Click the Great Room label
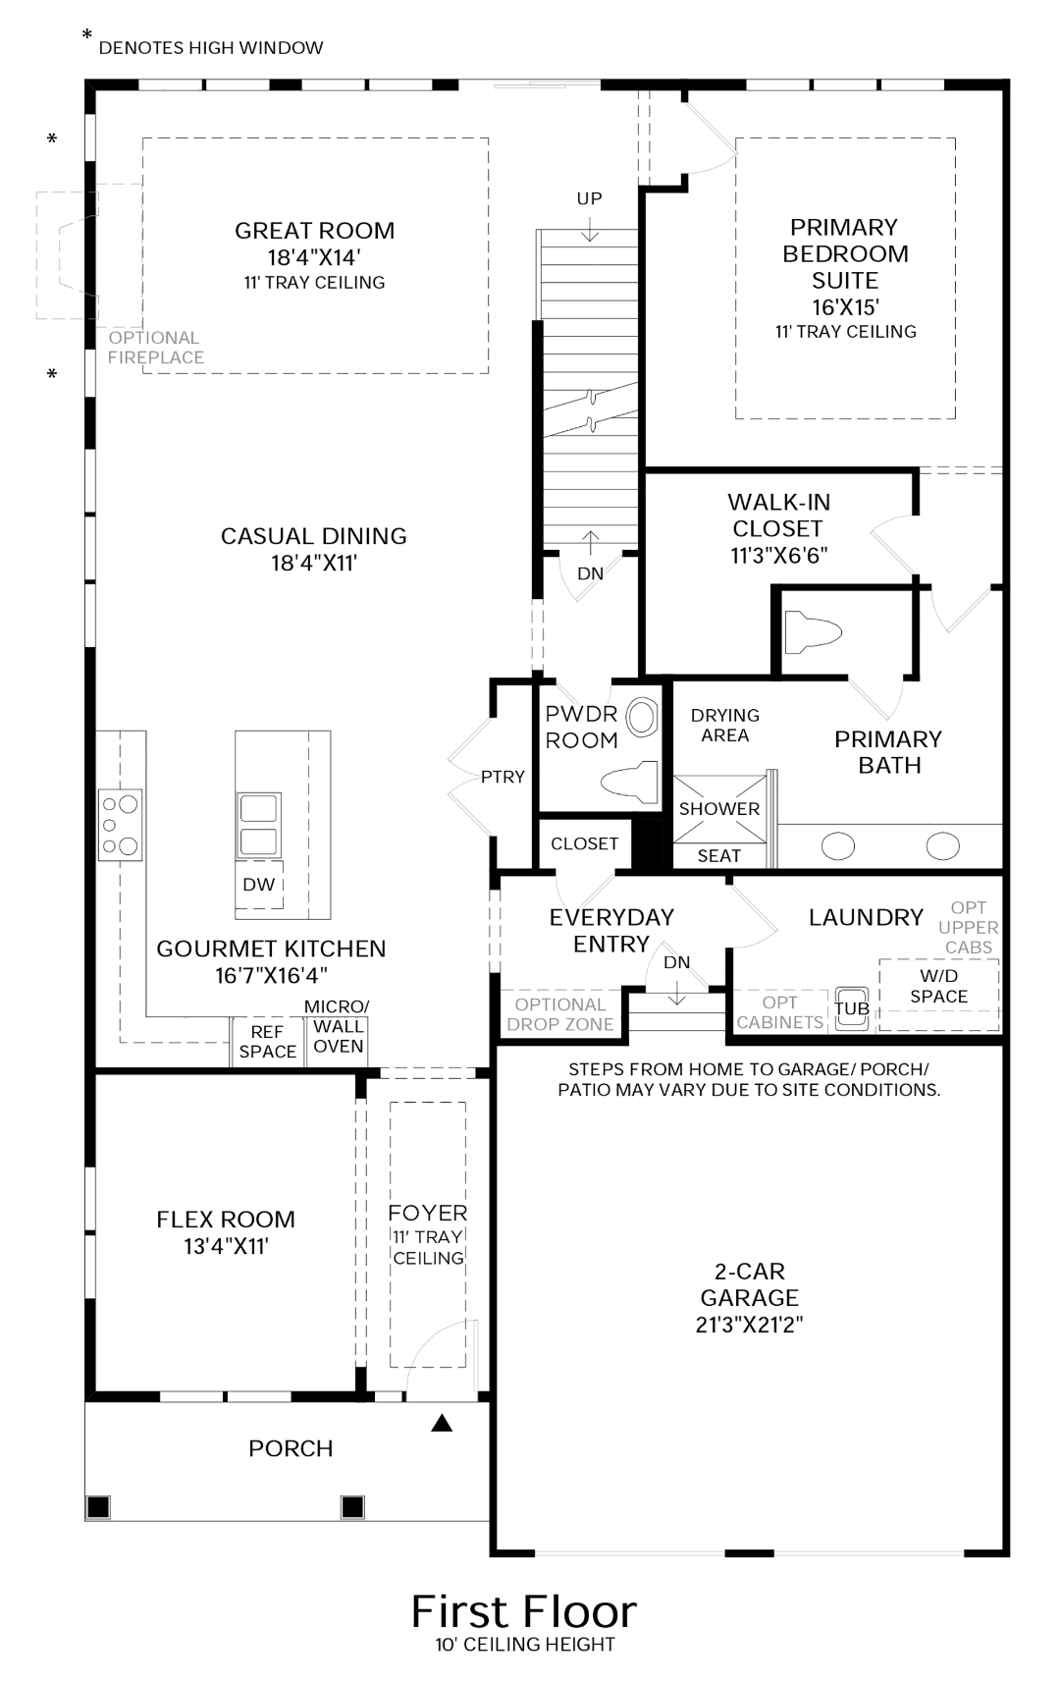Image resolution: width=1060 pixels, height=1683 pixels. click(x=314, y=231)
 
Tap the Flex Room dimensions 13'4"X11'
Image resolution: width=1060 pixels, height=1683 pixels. click(x=226, y=1246)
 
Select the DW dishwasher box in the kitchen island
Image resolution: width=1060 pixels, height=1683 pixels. click(x=259, y=885)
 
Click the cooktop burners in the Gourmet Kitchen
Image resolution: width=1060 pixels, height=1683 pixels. click(x=120, y=825)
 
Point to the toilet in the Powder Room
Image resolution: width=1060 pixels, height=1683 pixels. click(x=629, y=782)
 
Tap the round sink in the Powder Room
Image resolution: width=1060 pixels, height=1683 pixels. click(x=642, y=717)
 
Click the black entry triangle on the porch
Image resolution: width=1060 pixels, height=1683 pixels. click(x=442, y=1422)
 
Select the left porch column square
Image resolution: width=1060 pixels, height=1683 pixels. click(x=98, y=1507)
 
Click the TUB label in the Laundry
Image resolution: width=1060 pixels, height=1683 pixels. click(x=852, y=1008)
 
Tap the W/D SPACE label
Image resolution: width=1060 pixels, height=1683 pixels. click(x=939, y=986)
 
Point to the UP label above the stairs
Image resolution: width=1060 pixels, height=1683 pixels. click(x=590, y=198)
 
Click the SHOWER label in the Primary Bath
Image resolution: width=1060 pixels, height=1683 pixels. click(x=719, y=808)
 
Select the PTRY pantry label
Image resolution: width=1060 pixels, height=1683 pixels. click(x=503, y=777)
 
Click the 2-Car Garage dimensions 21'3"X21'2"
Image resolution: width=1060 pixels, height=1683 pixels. click(x=749, y=1324)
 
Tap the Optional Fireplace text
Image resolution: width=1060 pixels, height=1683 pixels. click(x=155, y=348)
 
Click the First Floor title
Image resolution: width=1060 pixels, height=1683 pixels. click(x=524, y=1611)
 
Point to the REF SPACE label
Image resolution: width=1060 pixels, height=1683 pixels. click(x=267, y=1042)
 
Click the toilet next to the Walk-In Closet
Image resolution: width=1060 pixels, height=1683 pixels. click(x=812, y=632)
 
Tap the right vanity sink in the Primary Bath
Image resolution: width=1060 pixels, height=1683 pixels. click(x=943, y=846)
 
